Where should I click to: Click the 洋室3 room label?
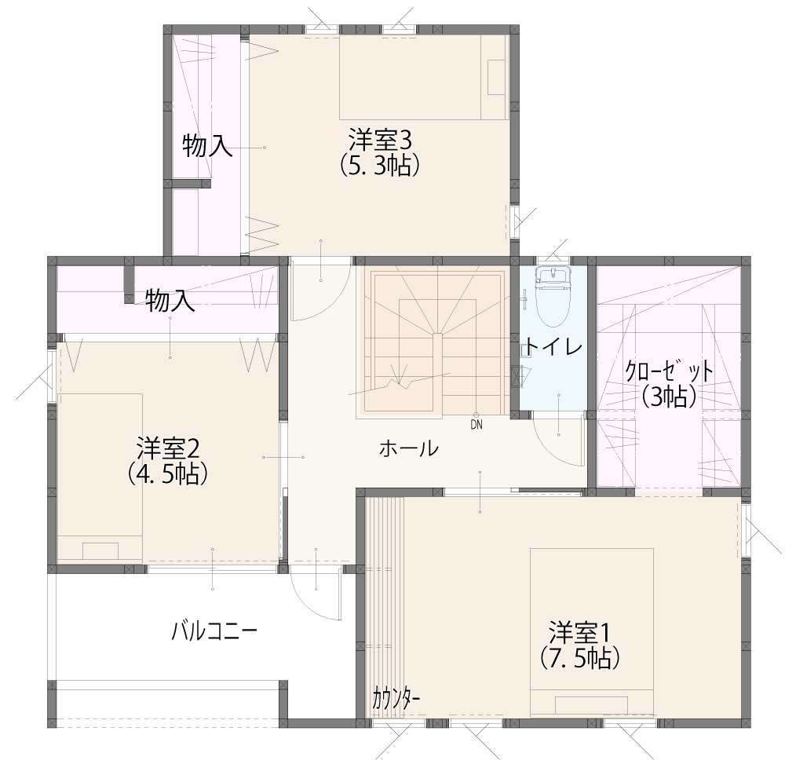pos(380,141)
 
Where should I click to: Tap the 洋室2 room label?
pos(168,448)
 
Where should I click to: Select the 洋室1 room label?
pos(580,633)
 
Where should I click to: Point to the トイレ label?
pos(553,346)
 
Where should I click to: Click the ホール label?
pos(409,448)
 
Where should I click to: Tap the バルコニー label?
pos(214,632)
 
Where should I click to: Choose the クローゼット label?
pos(669,372)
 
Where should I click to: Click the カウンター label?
pos(396,698)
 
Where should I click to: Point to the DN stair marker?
pos(476,425)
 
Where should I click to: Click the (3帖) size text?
pos(670,397)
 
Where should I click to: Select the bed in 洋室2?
pos(100,477)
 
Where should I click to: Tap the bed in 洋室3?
pos(424,77)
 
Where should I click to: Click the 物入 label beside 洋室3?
pos(206,146)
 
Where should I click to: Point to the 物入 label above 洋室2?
pos(170,302)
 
